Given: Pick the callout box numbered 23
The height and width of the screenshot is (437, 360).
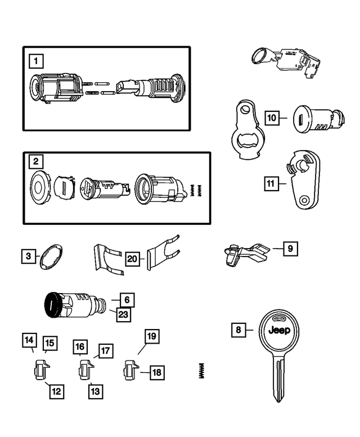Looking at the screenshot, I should pos(123,314).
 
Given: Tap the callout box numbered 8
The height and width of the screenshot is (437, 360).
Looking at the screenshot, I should pos(238,330).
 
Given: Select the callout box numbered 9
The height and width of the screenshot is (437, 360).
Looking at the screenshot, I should pos(290,248).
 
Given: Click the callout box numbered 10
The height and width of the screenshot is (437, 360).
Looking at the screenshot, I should pos(272,118).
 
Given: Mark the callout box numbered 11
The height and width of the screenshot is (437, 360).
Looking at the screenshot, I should pos(271,183).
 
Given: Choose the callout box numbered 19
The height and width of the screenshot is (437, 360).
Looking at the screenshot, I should pos(151,336).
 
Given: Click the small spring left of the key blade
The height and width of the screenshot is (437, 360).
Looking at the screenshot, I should pos(201,371).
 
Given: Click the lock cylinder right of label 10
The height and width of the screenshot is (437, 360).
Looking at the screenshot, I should pos(317,119).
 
